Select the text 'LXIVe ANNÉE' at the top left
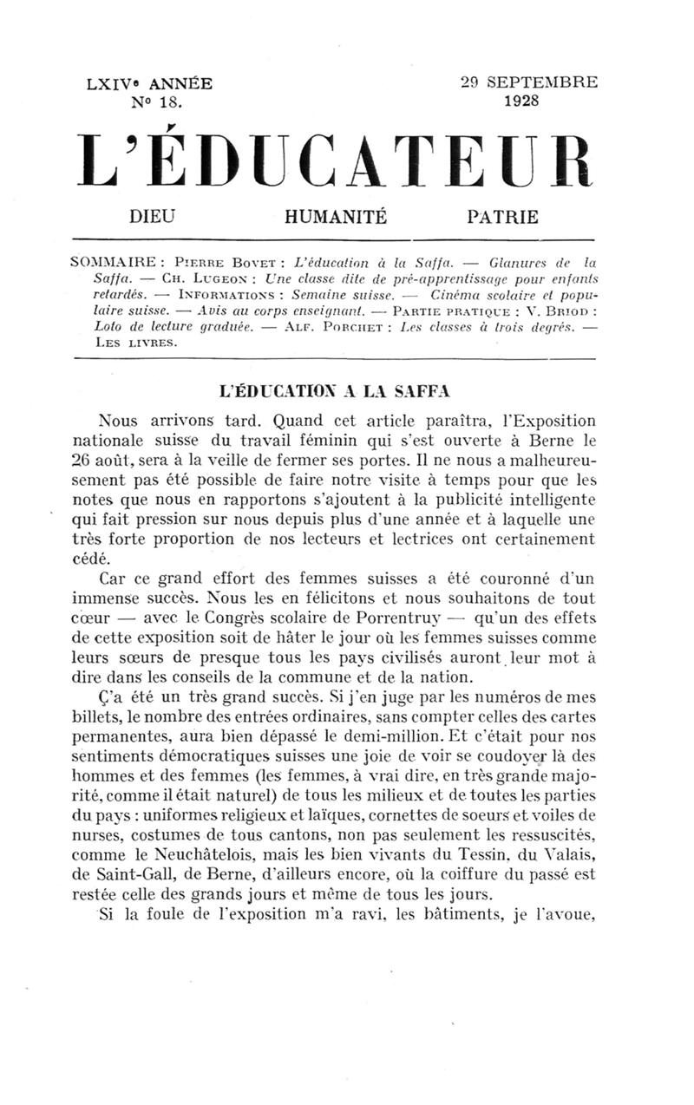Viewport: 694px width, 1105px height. tap(149, 85)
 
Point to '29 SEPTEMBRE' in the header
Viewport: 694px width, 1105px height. tap(529, 83)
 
